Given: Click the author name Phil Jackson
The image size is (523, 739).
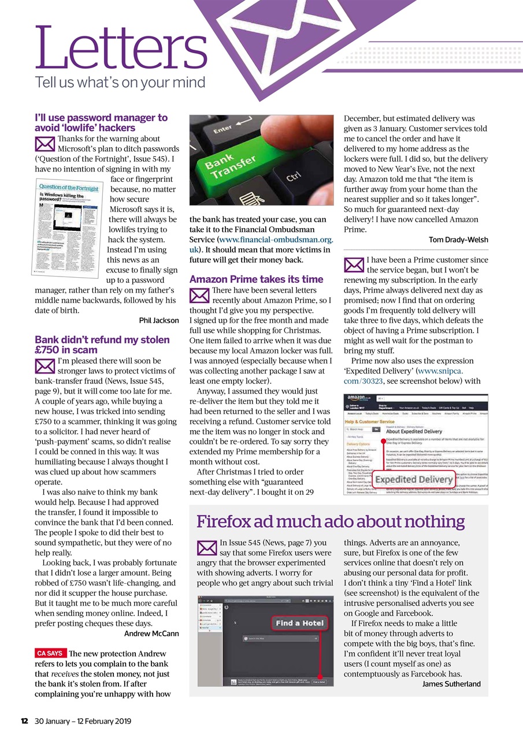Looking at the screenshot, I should pyautogui.click(x=159, y=320).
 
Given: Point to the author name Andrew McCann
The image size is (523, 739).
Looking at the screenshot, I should pyautogui.click(x=151, y=633).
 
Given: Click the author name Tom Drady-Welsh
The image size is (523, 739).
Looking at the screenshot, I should pyautogui.click(x=458, y=240).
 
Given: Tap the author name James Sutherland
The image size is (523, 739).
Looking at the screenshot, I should pyautogui.click(x=451, y=684).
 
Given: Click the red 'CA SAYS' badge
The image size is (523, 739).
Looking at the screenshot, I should pyautogui.click(x=50, y=653).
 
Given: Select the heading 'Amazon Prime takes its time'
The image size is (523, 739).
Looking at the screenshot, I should pyautogui.click(x=256, y=279).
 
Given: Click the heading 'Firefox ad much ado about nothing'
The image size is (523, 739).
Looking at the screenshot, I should pyautogui.click(x=330, y=522).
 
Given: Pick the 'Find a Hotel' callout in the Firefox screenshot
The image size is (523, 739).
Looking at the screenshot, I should pyautogui.click(x=299, y=624).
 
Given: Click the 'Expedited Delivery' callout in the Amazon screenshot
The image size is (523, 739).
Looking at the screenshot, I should pyautogui.click(x=414, y=480).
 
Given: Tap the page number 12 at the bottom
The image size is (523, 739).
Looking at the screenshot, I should pyautogui.click(x=25, y=721).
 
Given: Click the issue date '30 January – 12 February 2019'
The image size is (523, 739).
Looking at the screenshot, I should pyautogui.click(x=83, y=721).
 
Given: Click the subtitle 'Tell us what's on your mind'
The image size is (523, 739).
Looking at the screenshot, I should pyautogui.click(x=120, y=82).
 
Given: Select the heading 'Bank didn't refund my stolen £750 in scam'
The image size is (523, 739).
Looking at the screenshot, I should pyautogui.click(x=102, y=345).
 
